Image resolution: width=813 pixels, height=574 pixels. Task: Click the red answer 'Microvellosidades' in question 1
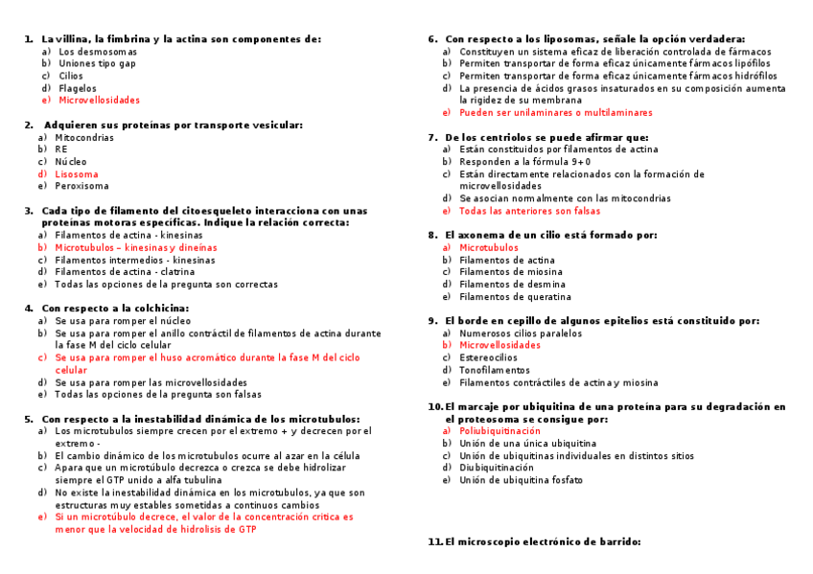coord(99,100)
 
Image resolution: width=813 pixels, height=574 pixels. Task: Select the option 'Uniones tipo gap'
coord(97,63)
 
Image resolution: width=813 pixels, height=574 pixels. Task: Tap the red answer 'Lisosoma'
coord(77,174)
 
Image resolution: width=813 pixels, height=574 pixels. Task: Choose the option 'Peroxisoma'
coord(81,186)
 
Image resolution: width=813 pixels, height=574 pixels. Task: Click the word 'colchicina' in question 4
coord(157,309)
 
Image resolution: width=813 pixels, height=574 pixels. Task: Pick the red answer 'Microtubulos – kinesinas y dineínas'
coord(136,247)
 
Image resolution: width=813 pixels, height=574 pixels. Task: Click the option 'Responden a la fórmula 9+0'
coord(524,162)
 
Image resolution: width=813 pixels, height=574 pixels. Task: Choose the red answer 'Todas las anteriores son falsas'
coord(529,211)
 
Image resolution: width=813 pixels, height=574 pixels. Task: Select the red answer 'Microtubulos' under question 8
coord(488,247)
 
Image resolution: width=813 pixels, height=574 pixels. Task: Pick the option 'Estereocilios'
coord(488,357)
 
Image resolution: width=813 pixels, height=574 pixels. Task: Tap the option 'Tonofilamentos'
coord(494,370)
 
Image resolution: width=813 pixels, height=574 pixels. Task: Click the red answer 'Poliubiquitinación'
coord(499,431)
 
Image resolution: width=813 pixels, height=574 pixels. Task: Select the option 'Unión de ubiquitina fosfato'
coord(521,480)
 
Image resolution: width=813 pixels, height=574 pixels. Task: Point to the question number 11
coord(434,541)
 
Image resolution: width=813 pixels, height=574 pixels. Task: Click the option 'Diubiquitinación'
coord(496,468)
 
